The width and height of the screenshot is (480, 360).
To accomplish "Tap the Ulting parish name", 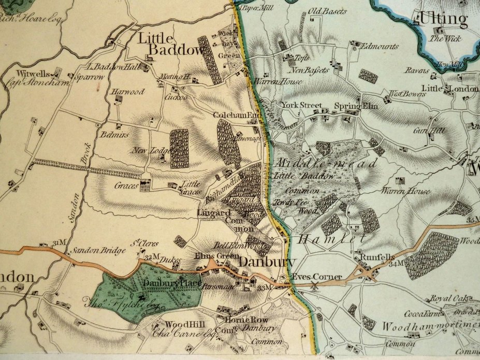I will pos(443,20).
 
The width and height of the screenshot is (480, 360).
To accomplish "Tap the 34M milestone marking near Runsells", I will pos(396,264).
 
